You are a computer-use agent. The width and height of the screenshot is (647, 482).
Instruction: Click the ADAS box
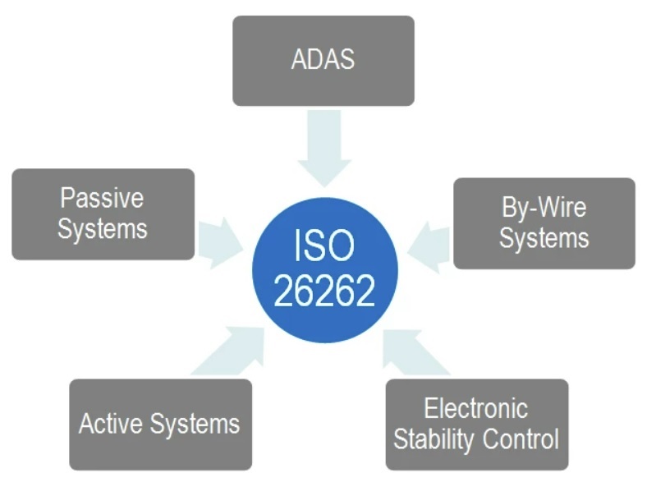click(323, 61)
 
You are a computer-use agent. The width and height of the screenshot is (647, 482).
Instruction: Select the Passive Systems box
click(103, 214)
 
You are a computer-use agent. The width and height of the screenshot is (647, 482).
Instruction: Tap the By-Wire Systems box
click(544, 223)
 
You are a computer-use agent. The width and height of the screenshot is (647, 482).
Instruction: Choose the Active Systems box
click(160, 425)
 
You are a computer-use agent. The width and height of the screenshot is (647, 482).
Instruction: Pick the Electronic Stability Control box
click(477, 425)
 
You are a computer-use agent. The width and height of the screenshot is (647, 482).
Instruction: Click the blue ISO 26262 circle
click(325, 270)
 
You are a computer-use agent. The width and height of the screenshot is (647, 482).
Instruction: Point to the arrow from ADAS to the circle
click(324, 149)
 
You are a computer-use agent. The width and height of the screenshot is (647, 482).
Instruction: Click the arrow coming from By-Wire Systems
click(429, 248)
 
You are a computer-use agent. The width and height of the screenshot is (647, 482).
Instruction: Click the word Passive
click(102, 198)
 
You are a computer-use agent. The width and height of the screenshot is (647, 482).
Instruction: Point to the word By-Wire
click(544, 207)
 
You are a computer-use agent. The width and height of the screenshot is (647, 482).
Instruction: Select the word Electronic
click(475, 408)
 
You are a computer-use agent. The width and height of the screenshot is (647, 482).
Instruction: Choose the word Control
click(521, 438)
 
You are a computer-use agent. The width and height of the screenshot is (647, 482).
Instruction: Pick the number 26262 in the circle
click(324, 291)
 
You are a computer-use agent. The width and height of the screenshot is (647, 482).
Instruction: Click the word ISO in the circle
click(324, 246)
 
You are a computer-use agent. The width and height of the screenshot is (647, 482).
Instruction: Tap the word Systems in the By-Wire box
click(544, 237)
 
